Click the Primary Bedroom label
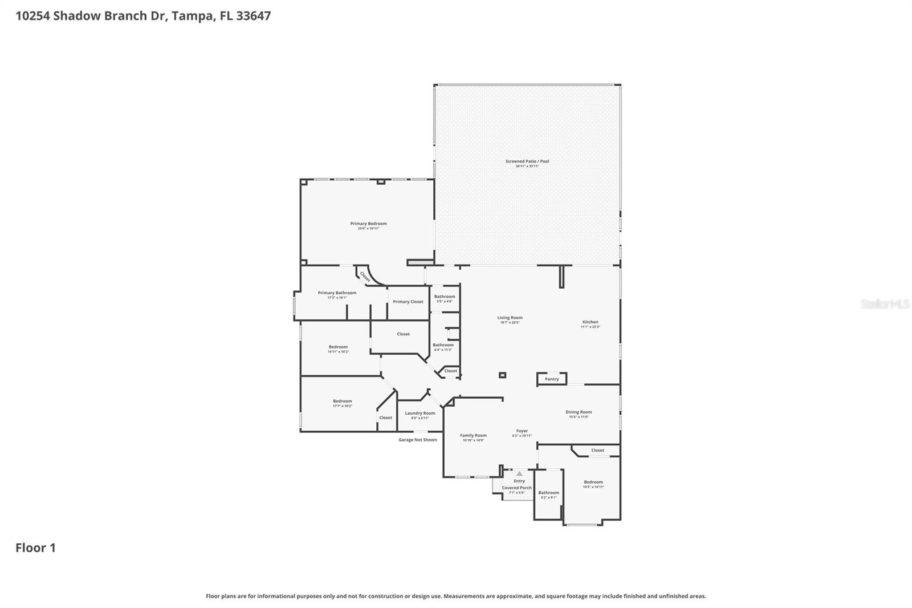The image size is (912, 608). coord(368,224)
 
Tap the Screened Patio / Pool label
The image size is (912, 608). coord(527,161)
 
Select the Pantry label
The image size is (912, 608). coord(552,379)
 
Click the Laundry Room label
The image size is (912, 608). coord(420,414)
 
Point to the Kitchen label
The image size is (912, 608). coord(590,322)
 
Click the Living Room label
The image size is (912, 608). coord(510,318)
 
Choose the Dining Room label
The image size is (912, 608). coord(579,412)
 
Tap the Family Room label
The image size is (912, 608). coord(473,435)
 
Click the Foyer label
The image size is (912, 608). coord(522,431)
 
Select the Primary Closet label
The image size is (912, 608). coord(408,302)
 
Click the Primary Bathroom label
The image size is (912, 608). coord(337,293)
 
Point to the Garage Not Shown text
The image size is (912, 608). coord(418,440)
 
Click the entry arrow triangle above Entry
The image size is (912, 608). coord(519,473)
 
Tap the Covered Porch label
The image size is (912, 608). coord(516,488)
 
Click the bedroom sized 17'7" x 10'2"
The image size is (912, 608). coord(343,401)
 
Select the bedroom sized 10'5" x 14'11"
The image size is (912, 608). coord(593,483)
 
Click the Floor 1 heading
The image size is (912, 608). coord(35,548)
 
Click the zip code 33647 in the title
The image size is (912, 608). coord(253,16)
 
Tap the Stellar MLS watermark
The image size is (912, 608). coord(885,304)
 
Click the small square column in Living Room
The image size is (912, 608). coord(502,375)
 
